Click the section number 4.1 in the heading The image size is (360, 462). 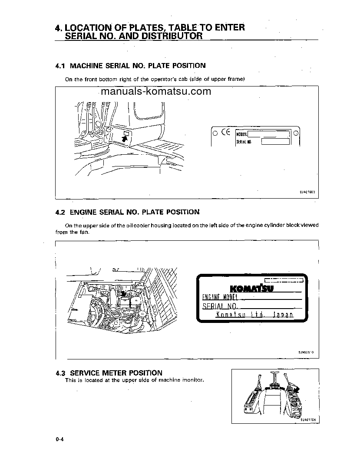pos(60,66)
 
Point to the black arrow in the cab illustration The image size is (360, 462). pos(125,139)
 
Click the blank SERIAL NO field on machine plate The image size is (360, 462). pos(275,141)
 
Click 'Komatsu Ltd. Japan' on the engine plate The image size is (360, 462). pos(254,315)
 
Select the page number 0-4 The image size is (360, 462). pos(59,440)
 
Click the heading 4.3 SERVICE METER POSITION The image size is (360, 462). pos(109,373)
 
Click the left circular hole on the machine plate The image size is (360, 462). pos(215,133)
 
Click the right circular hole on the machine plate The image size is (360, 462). pos(295,133)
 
